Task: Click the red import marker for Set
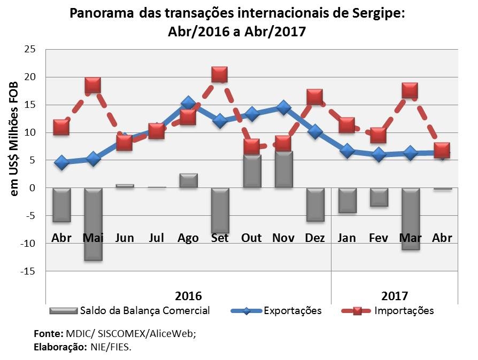[x=219, y=74]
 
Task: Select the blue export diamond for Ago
[x=188, y=103]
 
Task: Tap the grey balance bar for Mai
[x=93, y=224]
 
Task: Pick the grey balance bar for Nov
[x=283, y=169]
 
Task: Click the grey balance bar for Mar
[x=410, y=218]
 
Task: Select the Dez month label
[x=315, y=238]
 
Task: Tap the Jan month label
[x=347, y=238]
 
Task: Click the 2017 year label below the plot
[x=395, y=296]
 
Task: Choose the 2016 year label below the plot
[x=188, y=296]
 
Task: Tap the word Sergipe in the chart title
[x=379, y=13]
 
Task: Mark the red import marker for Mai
[x=92, y=85]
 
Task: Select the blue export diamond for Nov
[x=283, y=107]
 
